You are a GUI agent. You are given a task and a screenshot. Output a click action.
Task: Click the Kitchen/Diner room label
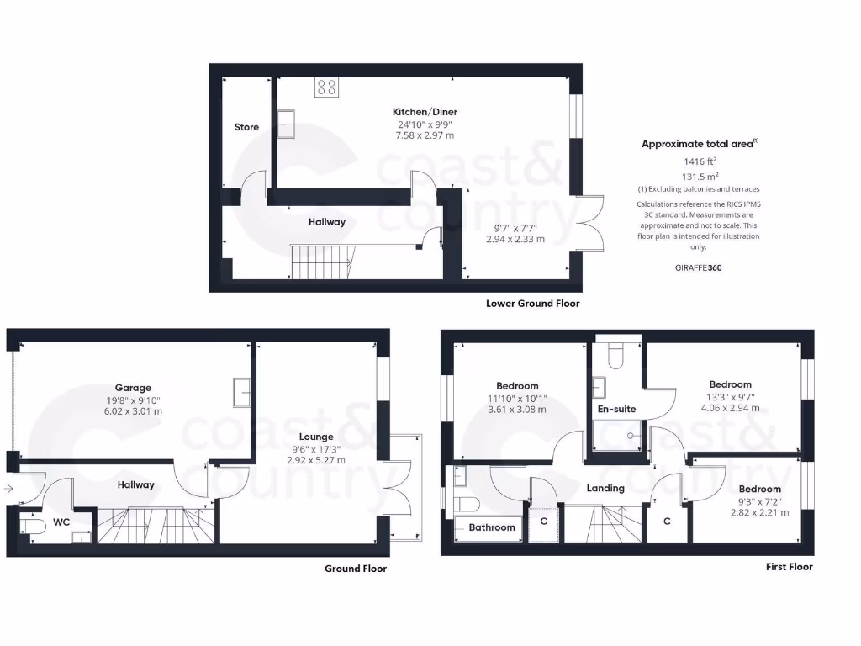point(425,112)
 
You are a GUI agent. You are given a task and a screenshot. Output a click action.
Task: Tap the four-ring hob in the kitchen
point(327,87)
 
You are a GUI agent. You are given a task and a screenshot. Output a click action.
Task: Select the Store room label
point(246,127)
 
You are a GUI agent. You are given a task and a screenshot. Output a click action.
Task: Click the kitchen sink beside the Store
point(285,123)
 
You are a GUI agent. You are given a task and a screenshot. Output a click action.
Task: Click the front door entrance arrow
point(8,488)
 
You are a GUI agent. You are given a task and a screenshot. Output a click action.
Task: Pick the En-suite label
point(616,409)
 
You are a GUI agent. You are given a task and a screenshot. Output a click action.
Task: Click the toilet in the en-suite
point(615,356)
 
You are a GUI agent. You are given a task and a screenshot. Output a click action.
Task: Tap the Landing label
point(605,488)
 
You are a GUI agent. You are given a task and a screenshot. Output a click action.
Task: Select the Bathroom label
point(492,527)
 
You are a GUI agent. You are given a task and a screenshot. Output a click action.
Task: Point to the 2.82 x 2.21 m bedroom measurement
point(759,512)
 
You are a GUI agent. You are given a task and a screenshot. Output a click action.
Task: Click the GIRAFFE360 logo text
point(698,268)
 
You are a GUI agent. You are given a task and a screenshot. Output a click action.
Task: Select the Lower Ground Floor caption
point(532,304)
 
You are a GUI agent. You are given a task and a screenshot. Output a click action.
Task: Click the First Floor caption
point(789,567)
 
